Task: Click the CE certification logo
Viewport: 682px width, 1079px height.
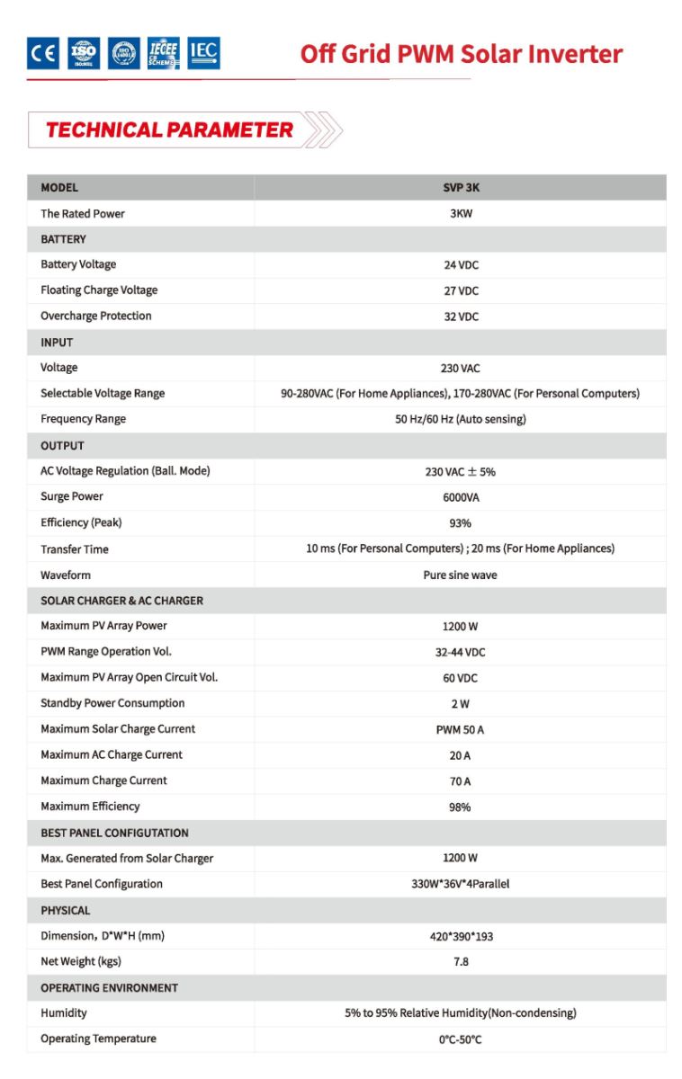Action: click(x=42, y=54)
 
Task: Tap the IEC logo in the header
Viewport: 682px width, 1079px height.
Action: click(x=203, y=53)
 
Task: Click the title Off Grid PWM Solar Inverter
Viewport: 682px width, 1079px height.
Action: click(x=461, y=54)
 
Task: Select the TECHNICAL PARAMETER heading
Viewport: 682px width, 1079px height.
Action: click(x=169, y=129)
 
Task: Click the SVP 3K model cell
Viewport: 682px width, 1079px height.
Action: click(x=461, y=188)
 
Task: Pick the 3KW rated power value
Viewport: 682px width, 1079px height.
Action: click(x=461, y=214)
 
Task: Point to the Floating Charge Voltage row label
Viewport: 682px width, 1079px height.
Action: click(x=99, y=290)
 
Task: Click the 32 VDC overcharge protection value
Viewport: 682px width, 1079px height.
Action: click(x=461, y=317)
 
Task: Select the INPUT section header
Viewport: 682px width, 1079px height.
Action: click(x=57, y=343)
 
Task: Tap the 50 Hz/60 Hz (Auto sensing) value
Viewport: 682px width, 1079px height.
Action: click(x=461, y=419)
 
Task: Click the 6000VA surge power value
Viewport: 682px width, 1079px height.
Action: click(x=461, y=497)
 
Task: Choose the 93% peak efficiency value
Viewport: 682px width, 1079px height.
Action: click(x=461, y=523)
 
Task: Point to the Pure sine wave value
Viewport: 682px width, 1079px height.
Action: click(x=461, y=575)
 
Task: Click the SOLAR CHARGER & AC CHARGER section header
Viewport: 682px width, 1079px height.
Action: click(x=121, y=601)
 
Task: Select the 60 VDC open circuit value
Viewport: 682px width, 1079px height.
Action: click(x=461, y=678)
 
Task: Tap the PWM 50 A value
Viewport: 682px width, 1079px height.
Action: click(x=461, y=729)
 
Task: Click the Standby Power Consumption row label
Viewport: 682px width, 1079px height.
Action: click(x=112, y=703)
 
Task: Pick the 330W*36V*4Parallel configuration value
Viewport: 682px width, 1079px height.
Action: click(x=461, y=885)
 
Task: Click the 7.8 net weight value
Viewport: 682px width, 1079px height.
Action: click(x=461, y=962)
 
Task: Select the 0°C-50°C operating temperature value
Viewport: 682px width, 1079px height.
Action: click(x=461, y=1039)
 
